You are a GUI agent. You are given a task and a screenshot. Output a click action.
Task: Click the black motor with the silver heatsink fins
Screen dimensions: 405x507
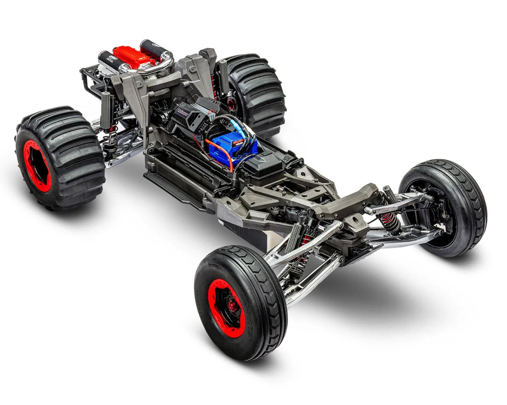(x=192, y=114)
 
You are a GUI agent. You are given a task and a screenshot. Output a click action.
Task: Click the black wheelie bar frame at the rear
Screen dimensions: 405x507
(x=89, y=80)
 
